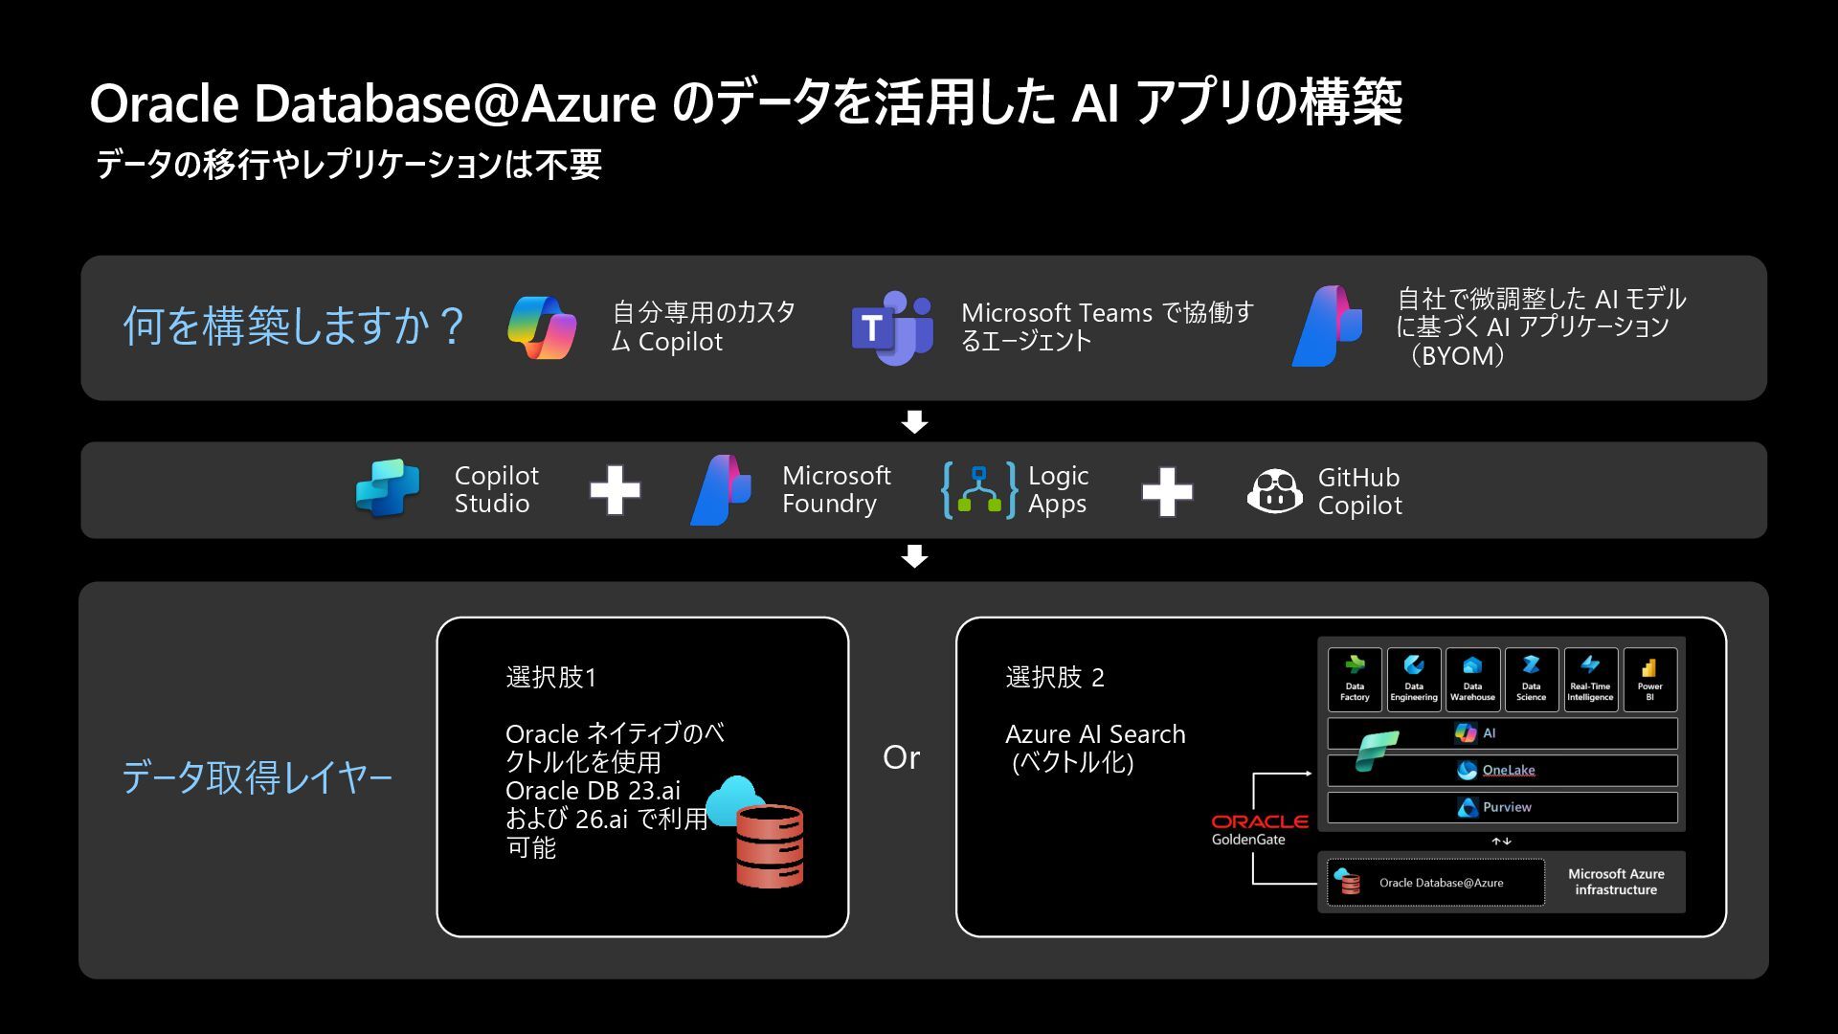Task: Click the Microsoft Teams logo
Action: point(892,328)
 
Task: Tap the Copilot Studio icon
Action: point(388,488)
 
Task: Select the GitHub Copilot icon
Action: point(1274,491)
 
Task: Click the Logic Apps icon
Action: point(978,490)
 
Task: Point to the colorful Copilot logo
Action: point(542,327)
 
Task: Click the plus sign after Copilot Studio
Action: point(615,490)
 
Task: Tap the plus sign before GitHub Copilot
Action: point(1167,491)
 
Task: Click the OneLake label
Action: point(1508,770)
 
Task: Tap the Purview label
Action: point(1506,807)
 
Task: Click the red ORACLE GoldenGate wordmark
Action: point(1259,821)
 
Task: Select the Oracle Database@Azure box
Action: point(1436,883)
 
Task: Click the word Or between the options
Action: point(901,757)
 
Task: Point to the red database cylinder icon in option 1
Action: point(770,845)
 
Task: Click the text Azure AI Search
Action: point(1095,734)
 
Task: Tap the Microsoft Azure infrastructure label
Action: point(1616,882)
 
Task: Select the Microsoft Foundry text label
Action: point(836,489)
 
